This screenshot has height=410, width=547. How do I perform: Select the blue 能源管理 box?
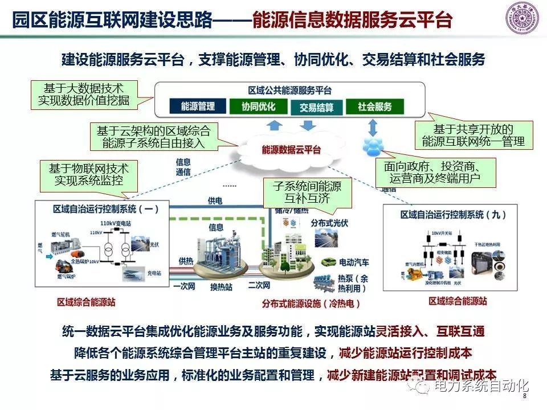[x=198, y=106]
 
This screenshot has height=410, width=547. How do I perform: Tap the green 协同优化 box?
[x=258, y=106]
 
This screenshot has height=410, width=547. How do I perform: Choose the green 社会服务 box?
[x=374, y=106]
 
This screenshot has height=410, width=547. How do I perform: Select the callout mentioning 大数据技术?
[x=84, y=95]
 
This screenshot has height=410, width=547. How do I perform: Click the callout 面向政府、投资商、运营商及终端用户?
[x=436, y=173]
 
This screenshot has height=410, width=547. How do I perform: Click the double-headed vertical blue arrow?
[x=373, y=125]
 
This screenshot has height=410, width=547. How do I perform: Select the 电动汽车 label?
[x=354, y=263]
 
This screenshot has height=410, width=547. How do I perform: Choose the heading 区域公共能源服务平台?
[x=290, y=91]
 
